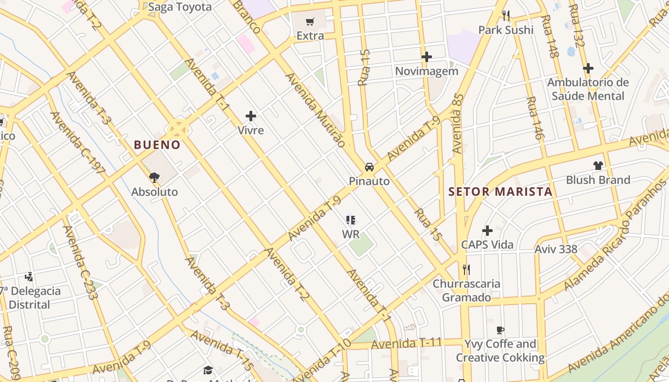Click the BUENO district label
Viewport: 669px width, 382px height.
pyautogui.click(x=157, y=145)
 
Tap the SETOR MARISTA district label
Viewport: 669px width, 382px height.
pyautogui.click(x=500, y=192)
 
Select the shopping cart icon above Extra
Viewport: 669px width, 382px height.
pyautogui.click(x=310, y=21)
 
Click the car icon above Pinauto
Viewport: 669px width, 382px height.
pyautogui.click(x=369, y=167)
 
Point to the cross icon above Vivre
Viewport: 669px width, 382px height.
pyautogui.click(x=251, y=116)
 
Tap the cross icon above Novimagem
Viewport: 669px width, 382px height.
pyautogui.click(x=426, y=57)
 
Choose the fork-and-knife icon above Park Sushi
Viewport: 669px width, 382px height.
pyautogui.click(x=506, y=16)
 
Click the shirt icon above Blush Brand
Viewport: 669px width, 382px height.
pyautogui.click(x=598, y=166)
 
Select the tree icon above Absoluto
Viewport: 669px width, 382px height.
pyautogui.click(x=154, y=178)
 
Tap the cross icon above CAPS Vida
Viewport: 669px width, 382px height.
pyautogui.click(x=487, y=231)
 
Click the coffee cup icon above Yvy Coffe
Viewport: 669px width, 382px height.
pyautogui.click(x=500, y=329)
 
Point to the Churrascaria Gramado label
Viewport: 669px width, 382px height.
pyautogui.click(x=466, y=290)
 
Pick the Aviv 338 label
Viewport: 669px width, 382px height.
pyautogui.click(x=556, y=249)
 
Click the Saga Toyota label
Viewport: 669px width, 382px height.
pyautogui.click(x=180, y=7)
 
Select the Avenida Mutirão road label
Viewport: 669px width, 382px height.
pyautogui.click(x=315, y=110)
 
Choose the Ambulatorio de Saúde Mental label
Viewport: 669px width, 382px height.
pyautogui.click(x=588, y=89)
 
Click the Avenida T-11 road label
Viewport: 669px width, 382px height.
pyautogui.click(x=406, y=343)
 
